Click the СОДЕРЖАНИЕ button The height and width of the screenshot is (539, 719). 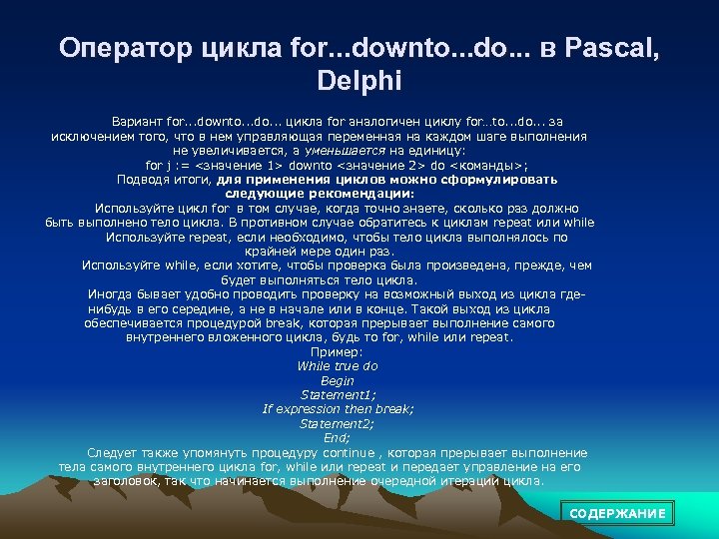click(617, 513)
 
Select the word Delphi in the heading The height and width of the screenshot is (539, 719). click(359, 78)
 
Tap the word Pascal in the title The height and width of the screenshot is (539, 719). click(611, 48)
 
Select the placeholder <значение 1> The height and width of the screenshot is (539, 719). click(232, 165)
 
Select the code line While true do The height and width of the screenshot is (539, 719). click(338, 366)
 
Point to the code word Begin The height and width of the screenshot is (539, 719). click(338, 380)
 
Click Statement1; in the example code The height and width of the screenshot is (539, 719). click(338, 394)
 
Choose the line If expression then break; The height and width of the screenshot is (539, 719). click(338, 409)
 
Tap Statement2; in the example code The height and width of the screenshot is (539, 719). click(338, 423)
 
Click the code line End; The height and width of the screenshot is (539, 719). click(338, 437)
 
